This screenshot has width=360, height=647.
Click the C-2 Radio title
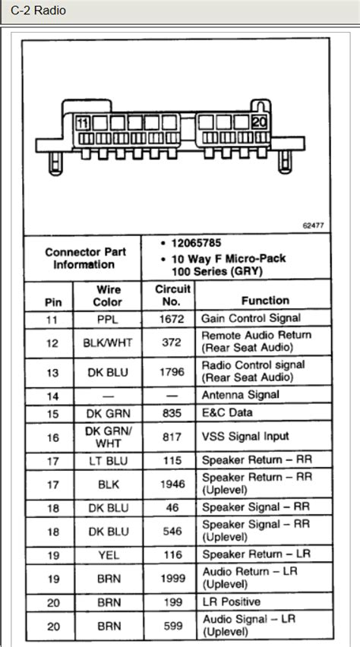[38, 11]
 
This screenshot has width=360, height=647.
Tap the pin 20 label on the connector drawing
[258, 122]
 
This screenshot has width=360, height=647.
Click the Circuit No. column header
[172, 295]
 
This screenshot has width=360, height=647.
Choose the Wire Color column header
[109, 295]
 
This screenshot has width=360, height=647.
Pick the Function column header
[265, 301]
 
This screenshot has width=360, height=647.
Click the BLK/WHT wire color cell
[109, 342]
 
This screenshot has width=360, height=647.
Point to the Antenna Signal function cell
[240, 395]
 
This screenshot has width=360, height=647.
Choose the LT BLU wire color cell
[109, 461]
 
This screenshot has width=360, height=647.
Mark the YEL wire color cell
[109, 555]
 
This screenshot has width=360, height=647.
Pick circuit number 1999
[172, 578]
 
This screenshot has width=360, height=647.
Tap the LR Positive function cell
[232, 602]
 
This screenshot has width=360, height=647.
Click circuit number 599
[172, 626]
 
